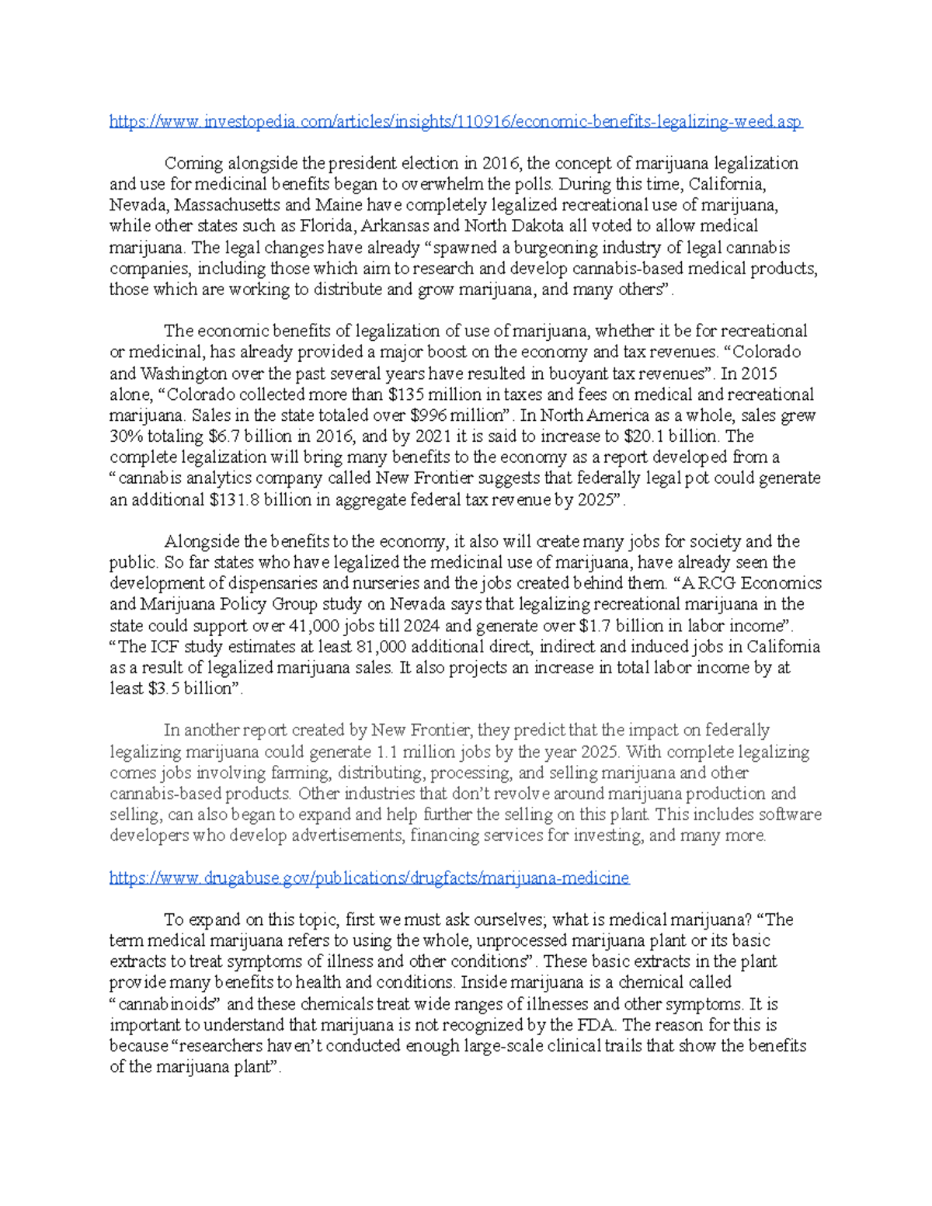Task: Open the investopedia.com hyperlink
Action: click(456, 121)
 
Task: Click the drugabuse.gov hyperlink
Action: click(369, 878)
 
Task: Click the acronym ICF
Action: click(164, 647)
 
